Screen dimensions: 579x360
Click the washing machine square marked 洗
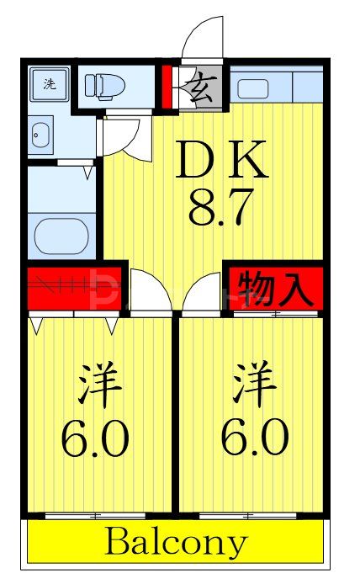click(x=50, y=83)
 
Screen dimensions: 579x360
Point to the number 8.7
click(x=221, y=206)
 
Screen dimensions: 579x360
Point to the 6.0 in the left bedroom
click(x=94, y=437)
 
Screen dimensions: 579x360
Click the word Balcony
click(x=176, y=543)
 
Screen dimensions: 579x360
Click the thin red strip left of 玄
click(x=167, y=87)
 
